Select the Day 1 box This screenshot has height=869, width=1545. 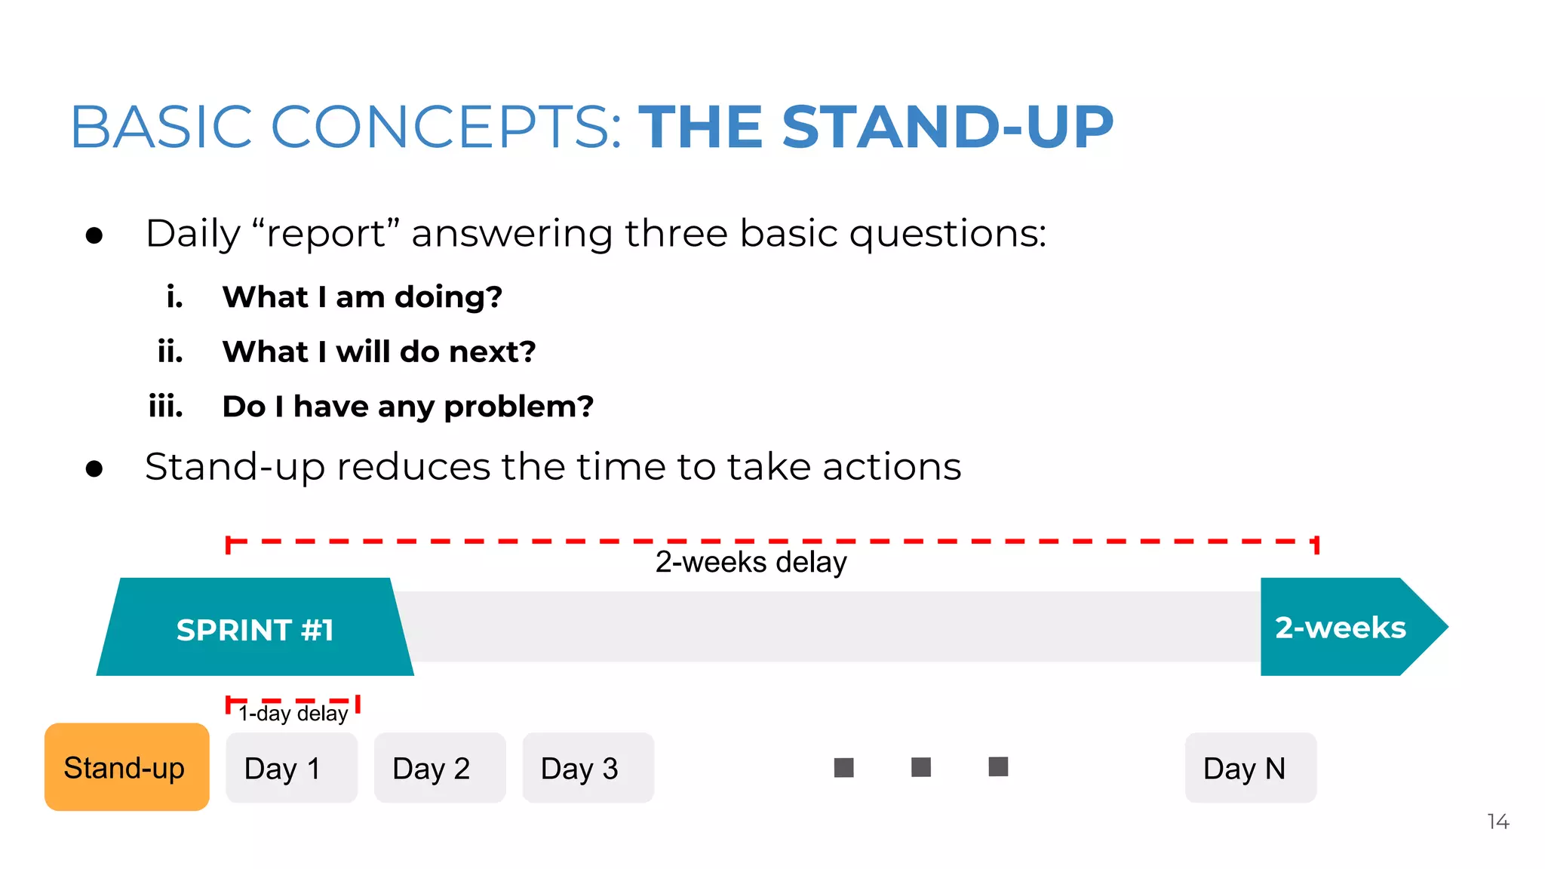coord(291,768)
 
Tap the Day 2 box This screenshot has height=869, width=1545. coord(439,768)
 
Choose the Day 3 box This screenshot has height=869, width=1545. coord(588,768)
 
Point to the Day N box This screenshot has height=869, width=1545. coord(1250,768)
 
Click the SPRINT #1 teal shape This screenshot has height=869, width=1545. coord(255,628)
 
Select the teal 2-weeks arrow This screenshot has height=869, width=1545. coord(1343,627)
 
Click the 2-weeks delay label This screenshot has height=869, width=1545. coord(751,562)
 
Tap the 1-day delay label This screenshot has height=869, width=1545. coord(293,713)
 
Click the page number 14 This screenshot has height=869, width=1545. coord(1497,821)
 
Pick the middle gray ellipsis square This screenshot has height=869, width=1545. coord(920,767)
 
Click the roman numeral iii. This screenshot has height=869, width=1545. coord(166,406)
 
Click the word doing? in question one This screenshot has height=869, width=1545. coord(448,296)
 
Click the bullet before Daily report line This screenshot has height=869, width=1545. coord(94,236)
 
